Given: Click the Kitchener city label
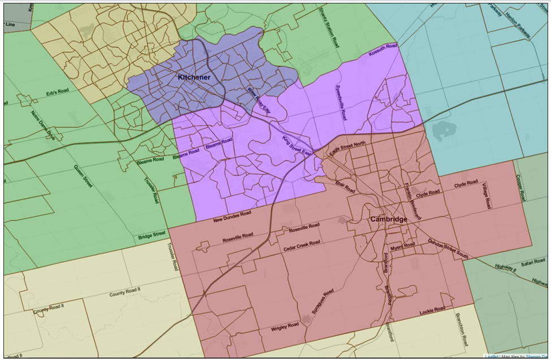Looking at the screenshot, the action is (194, 77).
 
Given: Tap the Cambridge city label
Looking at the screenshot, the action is (389, 219).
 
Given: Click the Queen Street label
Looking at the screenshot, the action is (83, 180).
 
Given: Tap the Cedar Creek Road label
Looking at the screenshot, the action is (302, 244).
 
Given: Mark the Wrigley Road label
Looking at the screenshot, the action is (284, 326).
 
